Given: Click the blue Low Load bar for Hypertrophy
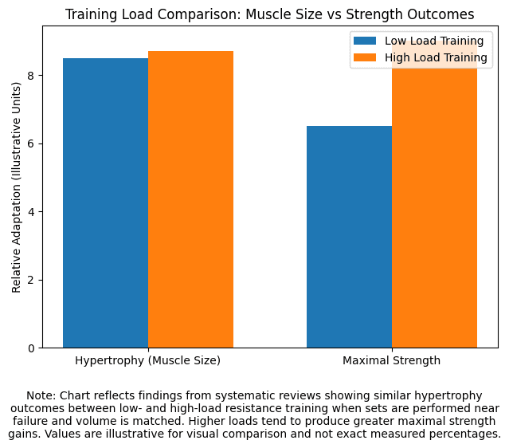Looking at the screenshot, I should [105, 203].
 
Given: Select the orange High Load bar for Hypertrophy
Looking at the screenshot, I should [190, 199].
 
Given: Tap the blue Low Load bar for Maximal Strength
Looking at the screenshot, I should [349, 237].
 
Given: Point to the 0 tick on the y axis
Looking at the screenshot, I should [32, 348].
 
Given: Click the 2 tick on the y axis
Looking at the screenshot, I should [32, 280].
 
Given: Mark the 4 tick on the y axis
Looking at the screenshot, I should [32, 212].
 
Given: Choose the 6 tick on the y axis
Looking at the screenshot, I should [32, 143].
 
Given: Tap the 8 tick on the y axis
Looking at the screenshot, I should [32, 76].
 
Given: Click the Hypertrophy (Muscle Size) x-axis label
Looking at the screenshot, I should [147, 360].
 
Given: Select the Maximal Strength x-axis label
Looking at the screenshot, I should [391, 360].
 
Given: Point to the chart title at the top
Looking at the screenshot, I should [269, 14].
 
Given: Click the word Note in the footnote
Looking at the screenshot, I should [41, 395].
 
